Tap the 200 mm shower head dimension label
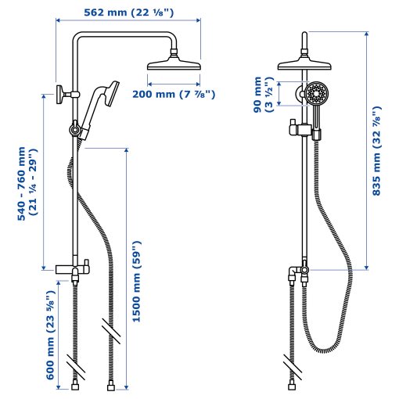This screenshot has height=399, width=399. point(174,95)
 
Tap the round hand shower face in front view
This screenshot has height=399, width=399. point(316,95)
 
